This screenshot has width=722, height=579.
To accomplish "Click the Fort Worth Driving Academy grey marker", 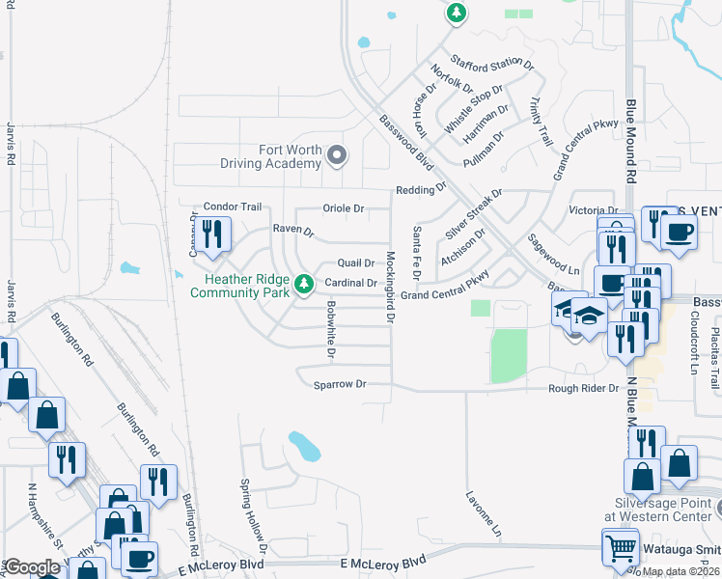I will coord(336,154).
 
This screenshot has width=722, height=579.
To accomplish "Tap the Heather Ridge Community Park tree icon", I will coord(304,283).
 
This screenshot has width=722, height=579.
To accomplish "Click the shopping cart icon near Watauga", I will coord(620,548).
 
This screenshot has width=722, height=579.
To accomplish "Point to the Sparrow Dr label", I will coord(341,384).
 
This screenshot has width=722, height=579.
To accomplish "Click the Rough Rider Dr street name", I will coord(583,388).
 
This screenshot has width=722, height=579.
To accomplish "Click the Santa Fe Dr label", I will coord(417,253).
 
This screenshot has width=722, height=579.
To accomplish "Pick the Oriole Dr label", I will coord(343,208).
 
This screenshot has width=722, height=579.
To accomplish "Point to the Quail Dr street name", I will coord(354,262).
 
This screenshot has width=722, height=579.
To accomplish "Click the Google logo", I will coord(32,567).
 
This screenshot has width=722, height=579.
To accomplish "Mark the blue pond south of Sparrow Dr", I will coord(303,446).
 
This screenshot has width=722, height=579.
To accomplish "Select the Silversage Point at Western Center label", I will coord(662,510).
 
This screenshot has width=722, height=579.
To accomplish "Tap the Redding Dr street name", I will coord(420,190).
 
